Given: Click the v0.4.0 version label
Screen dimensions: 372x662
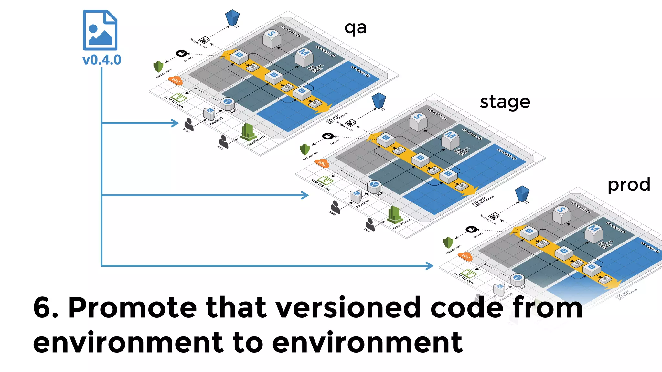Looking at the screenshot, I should [101, 60].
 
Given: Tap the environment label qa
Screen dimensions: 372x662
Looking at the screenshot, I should [355, 28].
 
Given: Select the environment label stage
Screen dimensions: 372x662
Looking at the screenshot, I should [505, 102].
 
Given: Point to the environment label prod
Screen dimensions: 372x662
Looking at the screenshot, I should [629, 185].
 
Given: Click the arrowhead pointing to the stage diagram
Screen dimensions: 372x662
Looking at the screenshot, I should [305, 195].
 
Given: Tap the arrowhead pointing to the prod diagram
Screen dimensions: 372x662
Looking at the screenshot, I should [430, 266].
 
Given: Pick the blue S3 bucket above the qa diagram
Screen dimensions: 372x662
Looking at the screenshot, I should [232, 17].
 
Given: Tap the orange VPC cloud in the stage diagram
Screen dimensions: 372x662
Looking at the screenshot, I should [322, 163].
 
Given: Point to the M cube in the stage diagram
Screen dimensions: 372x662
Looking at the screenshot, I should [450, 140].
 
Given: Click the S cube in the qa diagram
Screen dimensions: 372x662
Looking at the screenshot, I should [272, 38].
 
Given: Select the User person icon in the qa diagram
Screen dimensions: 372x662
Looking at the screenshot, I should [189, 124].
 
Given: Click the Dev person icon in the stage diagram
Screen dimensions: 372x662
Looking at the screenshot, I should [370, 224].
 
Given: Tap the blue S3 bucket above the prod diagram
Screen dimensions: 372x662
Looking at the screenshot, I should [522, 193].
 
